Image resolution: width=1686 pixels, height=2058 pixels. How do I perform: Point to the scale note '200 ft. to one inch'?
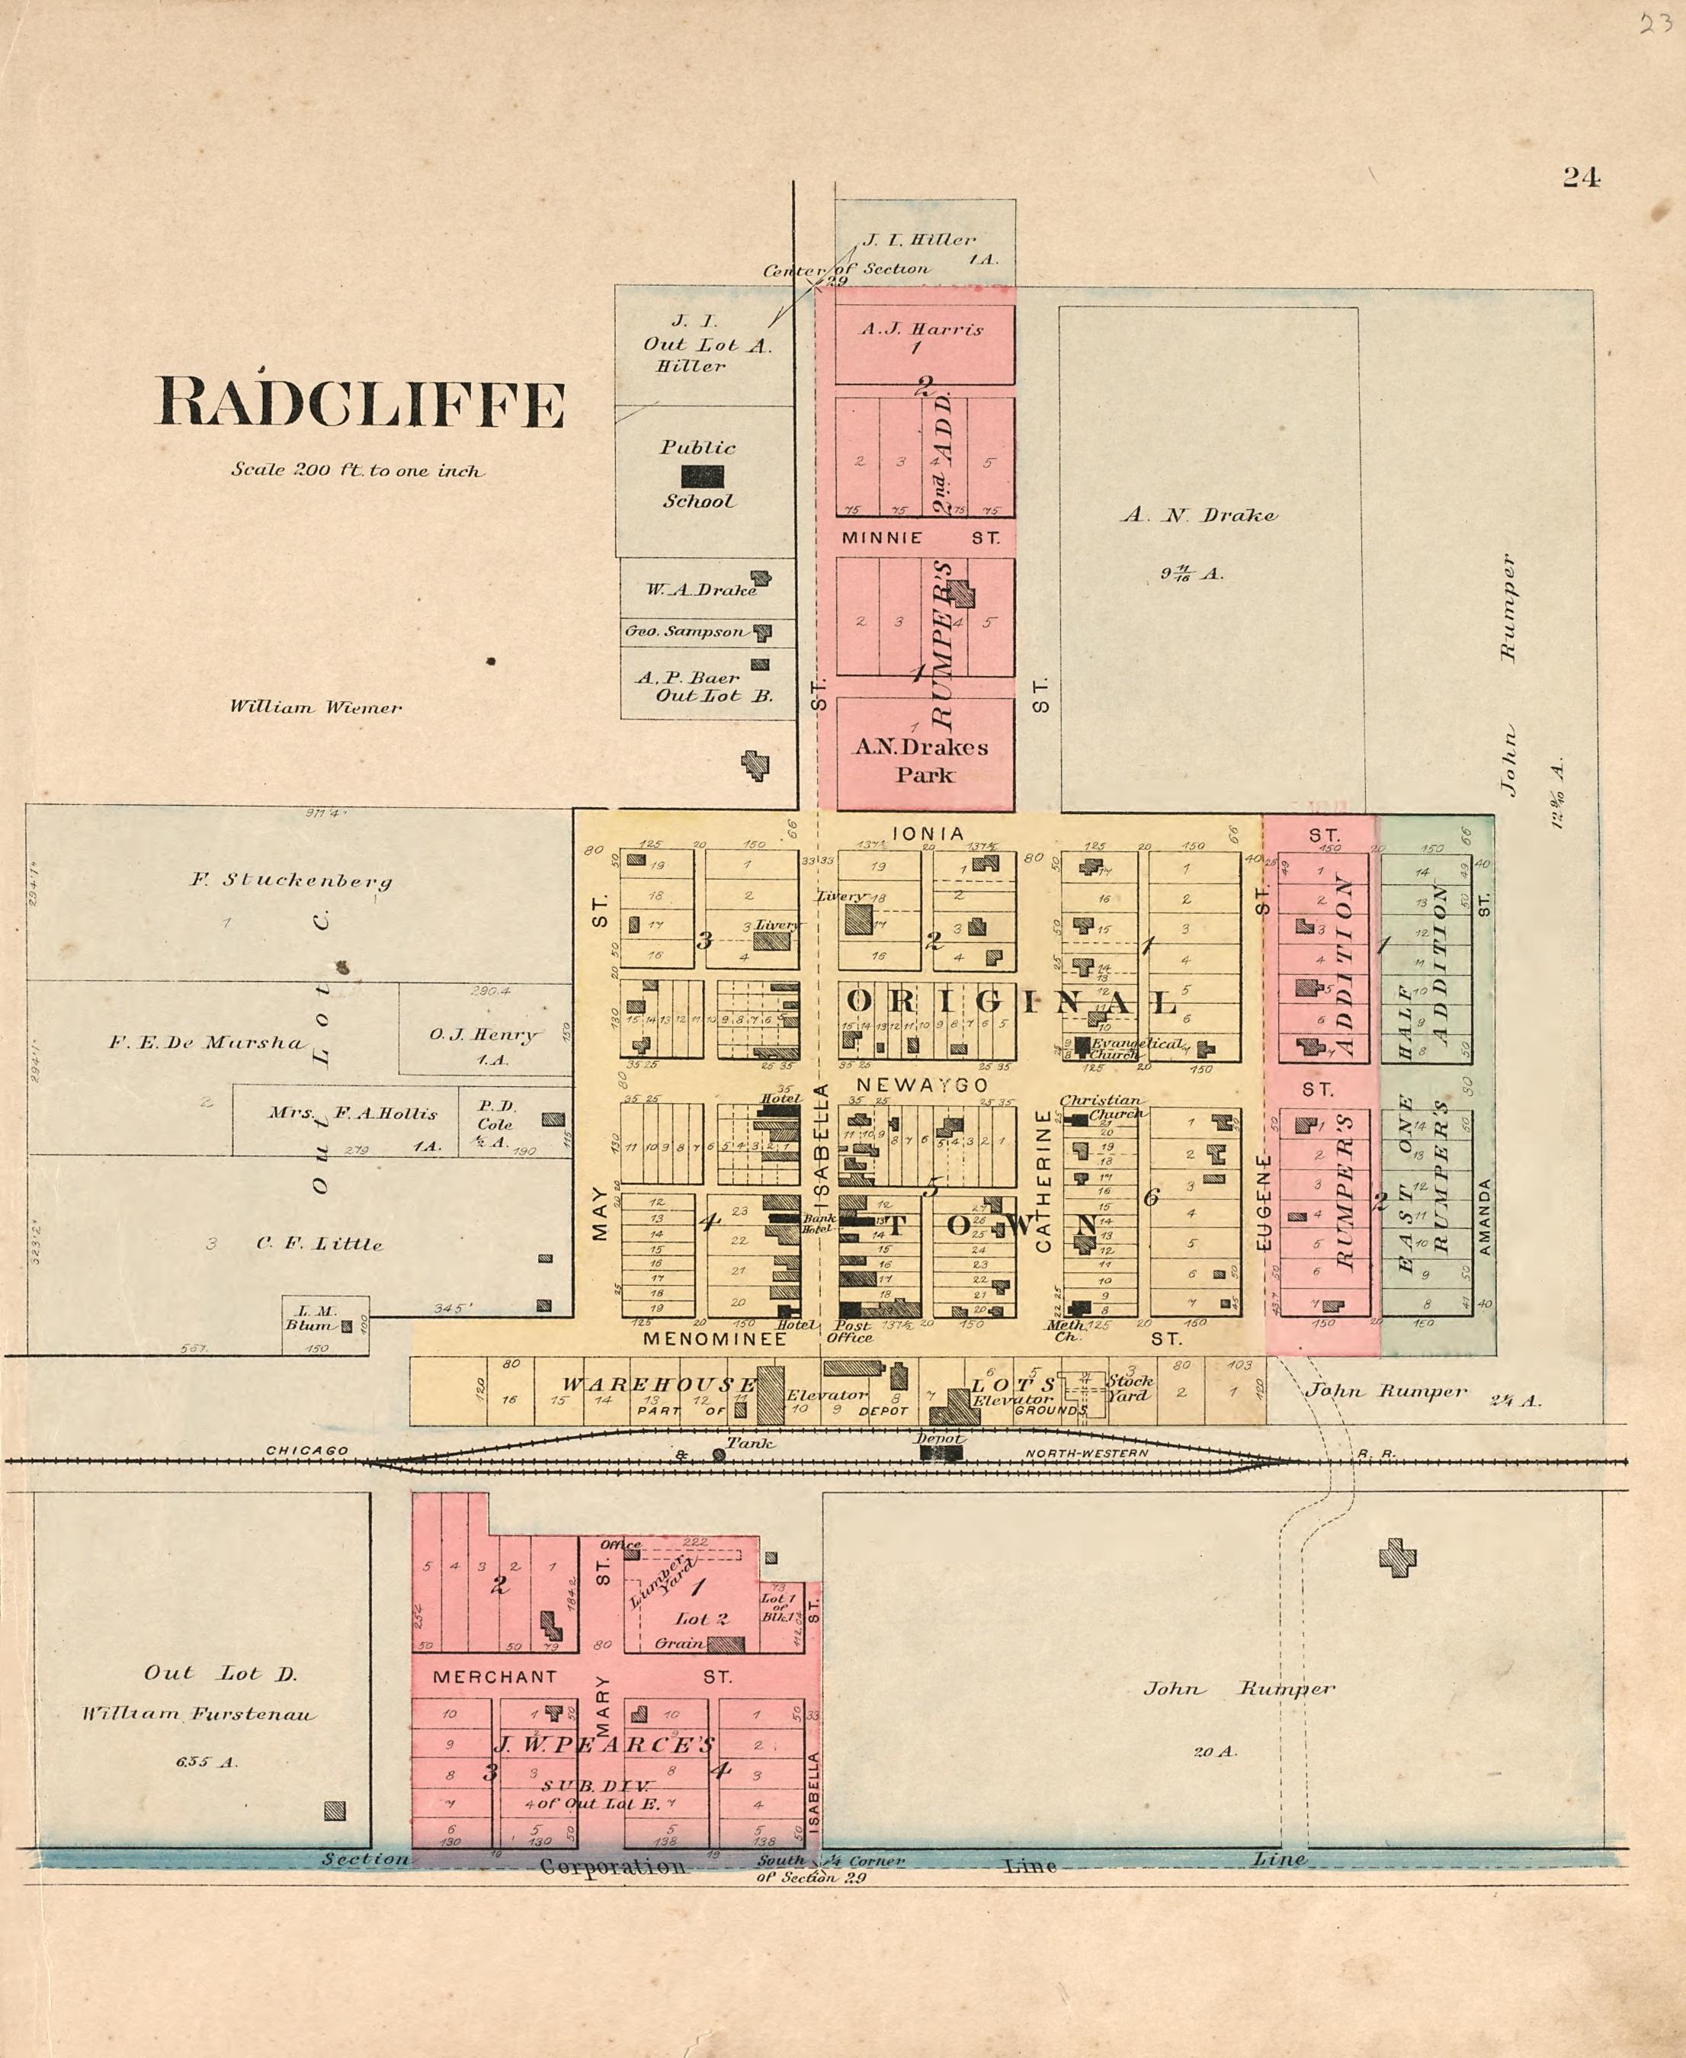pyautogui.click(x=357, y=470)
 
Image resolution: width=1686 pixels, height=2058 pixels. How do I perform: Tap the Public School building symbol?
pyautogui.click(x=702, y=476)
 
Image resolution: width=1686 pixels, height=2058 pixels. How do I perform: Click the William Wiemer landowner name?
pyautogui.click(x=316, y=707)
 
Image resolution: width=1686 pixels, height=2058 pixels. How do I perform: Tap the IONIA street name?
pyautogui.click(x=928, y=833)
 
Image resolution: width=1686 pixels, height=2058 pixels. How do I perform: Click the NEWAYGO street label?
pyautogui.click(x=922, y=1084)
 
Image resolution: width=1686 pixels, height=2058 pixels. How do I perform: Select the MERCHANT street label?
pyautogui.click(x=495, y=1676)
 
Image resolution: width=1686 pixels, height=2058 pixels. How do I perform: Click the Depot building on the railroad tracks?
pyautogui.click(x=940, y=1453)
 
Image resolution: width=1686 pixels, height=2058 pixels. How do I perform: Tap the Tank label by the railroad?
pyautogui.click(x=750, y=1443)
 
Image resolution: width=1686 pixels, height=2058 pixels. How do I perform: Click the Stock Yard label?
pyautogui.click(x=1130, y=1388)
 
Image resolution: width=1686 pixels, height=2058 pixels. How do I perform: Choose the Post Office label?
pyautogui.click(x=851, y=1331)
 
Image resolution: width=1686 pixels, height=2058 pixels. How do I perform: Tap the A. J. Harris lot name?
pyautogui.click(x=922, y=329)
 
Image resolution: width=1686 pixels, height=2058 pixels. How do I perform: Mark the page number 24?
pyautogui.click(x=1581, y=177)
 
